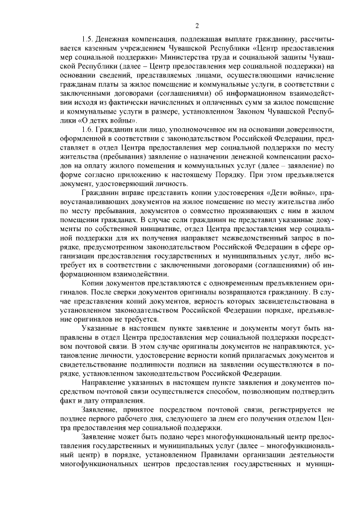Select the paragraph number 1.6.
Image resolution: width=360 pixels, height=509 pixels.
click(88, 129)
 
